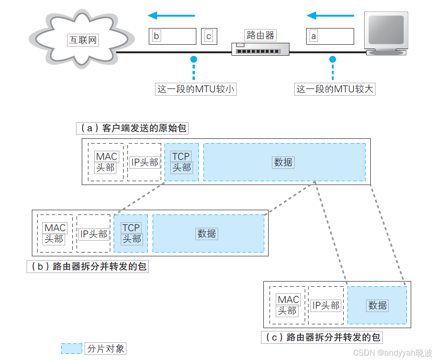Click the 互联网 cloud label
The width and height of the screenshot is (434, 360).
coord(83,40)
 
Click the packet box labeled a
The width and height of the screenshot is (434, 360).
coord(330,36)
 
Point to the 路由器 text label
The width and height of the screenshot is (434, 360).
coord(260,35)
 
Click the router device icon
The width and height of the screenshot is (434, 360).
coord(260,49)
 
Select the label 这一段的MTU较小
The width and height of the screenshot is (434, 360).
coord(196,89)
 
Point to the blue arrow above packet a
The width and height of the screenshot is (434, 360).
coord(330,16)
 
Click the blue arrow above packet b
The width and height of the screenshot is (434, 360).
coord(172,16)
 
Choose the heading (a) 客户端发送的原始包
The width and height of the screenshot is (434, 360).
coord(133,128)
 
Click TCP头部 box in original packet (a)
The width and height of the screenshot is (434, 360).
coord(181,162)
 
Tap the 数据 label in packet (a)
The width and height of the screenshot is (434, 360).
coord(283,162)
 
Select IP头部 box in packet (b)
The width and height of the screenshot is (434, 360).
coord(94,234)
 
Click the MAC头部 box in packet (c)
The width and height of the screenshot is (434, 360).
coord(288,305)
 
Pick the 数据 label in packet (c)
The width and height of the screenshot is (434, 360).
coord(377,305)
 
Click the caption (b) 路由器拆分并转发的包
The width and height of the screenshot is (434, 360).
coord(87,266)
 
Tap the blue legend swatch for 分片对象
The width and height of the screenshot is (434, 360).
coord(72,349)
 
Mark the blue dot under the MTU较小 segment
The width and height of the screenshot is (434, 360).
coord(193,59)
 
